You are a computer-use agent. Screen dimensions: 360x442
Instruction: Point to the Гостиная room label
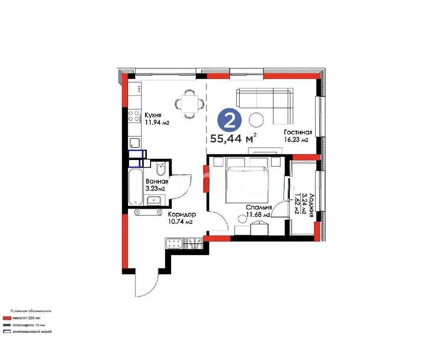pos(298,132)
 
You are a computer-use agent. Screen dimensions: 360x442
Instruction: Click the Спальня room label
pos(259,207)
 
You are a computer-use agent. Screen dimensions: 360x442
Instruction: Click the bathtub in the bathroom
pos(135,187)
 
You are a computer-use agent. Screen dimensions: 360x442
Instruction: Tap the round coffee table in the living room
pos(256,119)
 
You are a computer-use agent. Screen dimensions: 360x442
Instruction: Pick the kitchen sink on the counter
pos(135,142)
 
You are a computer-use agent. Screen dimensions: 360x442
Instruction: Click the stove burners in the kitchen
pos(134,116)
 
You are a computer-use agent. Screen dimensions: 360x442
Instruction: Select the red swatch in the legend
pos(7,318)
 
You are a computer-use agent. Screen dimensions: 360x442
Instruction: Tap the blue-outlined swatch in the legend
pos(7,331)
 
